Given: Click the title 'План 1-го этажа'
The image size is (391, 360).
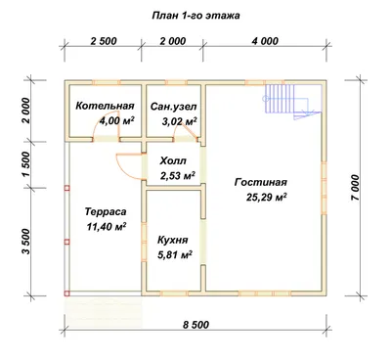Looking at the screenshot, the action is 195,16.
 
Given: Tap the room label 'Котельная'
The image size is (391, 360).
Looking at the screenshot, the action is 105,106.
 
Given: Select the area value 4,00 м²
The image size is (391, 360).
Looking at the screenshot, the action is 116,121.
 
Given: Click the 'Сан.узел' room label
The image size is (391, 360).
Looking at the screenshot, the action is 174,107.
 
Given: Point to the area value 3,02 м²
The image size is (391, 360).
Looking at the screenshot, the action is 179,121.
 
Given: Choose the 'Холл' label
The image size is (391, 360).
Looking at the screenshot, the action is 173,160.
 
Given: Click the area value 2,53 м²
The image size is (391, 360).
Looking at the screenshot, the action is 178,176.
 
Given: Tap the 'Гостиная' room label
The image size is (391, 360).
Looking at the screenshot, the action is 261,182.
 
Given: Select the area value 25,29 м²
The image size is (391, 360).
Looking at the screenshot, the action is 266,198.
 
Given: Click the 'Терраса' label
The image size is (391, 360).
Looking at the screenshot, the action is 106,211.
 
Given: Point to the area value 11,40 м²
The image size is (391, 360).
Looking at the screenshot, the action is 107,226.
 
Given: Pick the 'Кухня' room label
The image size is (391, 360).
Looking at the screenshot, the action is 173,241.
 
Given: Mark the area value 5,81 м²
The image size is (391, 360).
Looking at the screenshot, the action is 174,254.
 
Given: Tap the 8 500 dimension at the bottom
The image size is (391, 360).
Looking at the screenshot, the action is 195,325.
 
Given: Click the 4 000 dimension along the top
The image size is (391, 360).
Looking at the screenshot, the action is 266,41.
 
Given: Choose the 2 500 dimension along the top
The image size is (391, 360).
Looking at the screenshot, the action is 104,41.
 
